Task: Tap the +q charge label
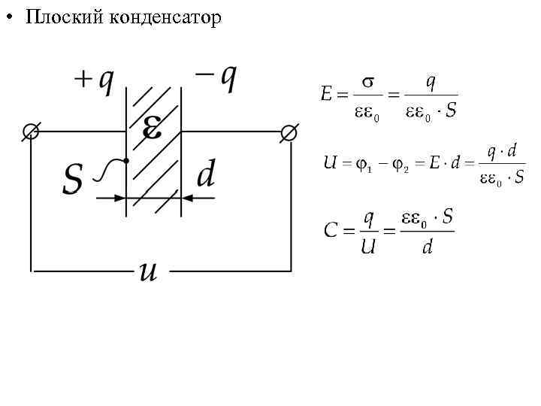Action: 95,80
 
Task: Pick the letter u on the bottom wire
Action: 148,270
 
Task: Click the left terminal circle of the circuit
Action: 31,132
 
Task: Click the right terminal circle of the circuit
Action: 289,132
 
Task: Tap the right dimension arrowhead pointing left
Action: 188,198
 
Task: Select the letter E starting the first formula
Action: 326,95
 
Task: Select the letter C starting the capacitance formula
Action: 330,230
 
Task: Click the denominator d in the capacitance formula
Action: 427,247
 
